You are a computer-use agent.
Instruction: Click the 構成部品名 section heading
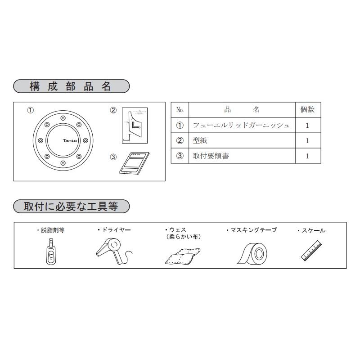click(71, 86)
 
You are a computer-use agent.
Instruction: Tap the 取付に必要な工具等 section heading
click(71, 207)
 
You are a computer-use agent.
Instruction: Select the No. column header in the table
click(180, 110)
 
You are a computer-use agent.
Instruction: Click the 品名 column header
click(242, 110)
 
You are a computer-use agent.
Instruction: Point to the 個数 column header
click(307, 110)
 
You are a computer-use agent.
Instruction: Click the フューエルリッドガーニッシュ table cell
click(241, 125)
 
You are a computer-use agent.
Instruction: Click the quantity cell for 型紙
click(307, 140)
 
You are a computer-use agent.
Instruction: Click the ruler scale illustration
click(311, 250)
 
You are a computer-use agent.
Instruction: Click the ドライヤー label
click(115, 230)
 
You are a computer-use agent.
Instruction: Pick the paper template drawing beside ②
click(135, 126)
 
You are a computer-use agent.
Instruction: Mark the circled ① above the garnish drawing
click(30, 110)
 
